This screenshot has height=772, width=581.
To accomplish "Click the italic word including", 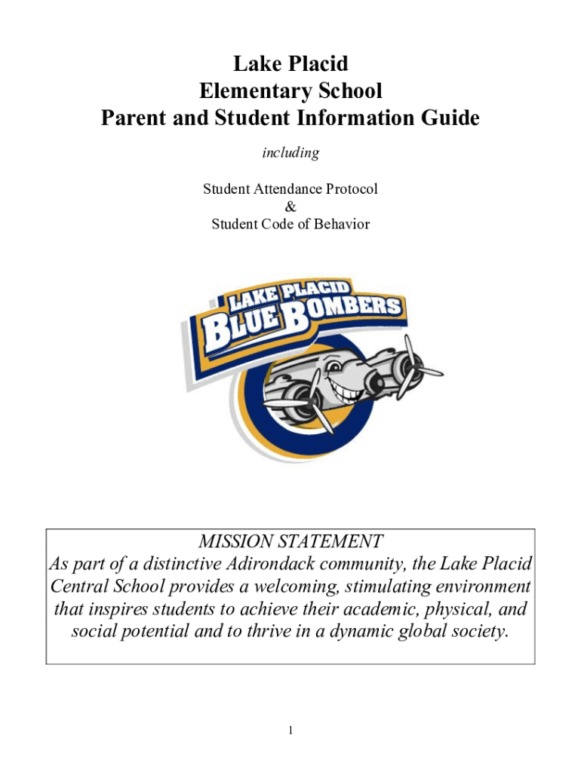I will [x=290, y=153].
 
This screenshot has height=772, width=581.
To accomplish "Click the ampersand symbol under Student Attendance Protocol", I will [x=290, y=207].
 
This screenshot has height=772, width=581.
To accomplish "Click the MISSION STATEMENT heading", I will [x=290, y=541].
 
